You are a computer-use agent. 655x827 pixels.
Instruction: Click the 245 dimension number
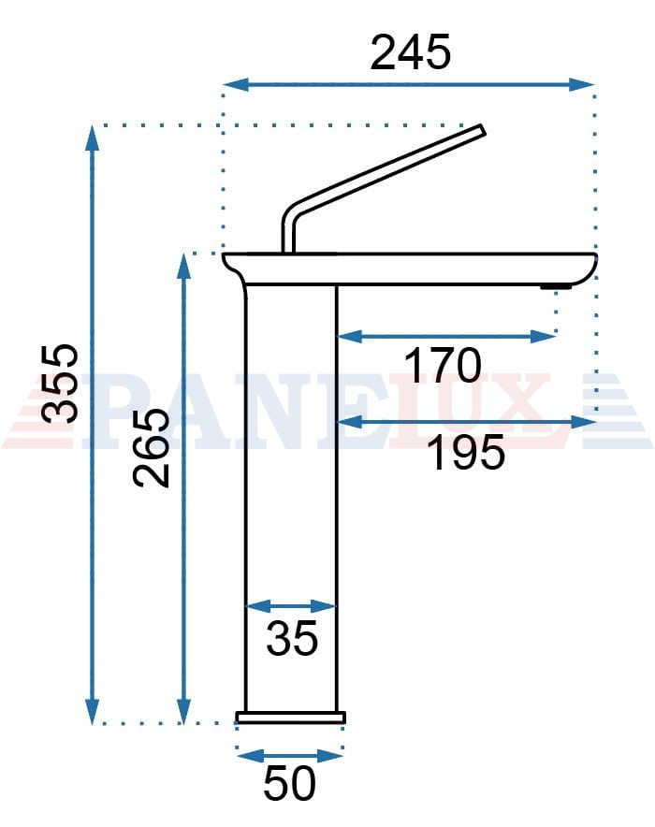click(x=410, y=52)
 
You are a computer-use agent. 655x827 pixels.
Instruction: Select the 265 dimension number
click(x=152, y=447)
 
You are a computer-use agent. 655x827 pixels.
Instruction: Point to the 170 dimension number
click(x=443, y=365)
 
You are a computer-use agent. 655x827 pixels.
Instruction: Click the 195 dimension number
click(x=466, y=453)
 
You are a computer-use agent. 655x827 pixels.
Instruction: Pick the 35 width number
click(x=292, y=638)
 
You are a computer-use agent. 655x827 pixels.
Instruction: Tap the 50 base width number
click(x=289, y=783)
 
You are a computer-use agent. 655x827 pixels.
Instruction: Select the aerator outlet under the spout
click(x=555, y=286)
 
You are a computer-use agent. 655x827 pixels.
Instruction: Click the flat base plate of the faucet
click(x=291, y=718)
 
